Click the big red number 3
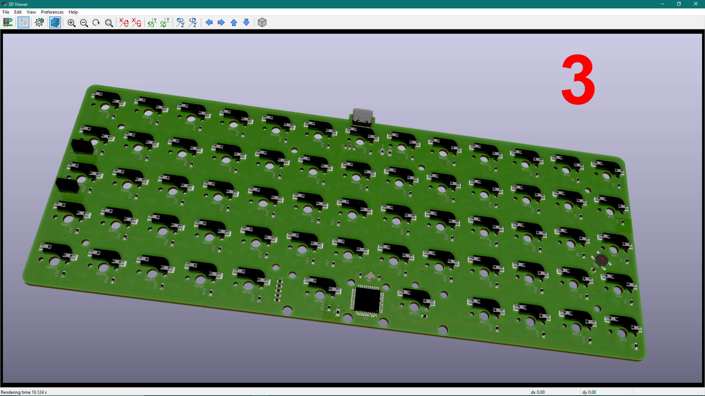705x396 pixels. [x=578, y=80]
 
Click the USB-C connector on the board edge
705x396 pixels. [x=362, y=117]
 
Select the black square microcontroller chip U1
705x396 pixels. [x=367, y=300]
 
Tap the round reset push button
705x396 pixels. [x=601, y=260]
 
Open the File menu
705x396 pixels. [x=6, y=12]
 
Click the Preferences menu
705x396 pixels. [x=52, y=12]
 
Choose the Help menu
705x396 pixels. [x=73, y=12]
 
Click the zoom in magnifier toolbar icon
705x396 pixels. [x=72, y=23]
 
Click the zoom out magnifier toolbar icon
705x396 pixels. [x=84, y=23]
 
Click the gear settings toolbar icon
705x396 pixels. [x=39, y=23]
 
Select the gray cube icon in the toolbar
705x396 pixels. [x=262, y=23]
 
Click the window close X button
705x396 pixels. [x=695, y=4]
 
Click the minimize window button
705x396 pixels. [x=662, y=4]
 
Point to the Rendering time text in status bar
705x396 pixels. [x=24, y=392]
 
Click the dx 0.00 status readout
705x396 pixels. [x=538, y=392]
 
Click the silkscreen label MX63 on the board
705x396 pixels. [x=51, y=268]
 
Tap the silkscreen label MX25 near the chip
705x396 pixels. [x=414, y=314]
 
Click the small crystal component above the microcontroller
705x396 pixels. [x=370, y=276]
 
